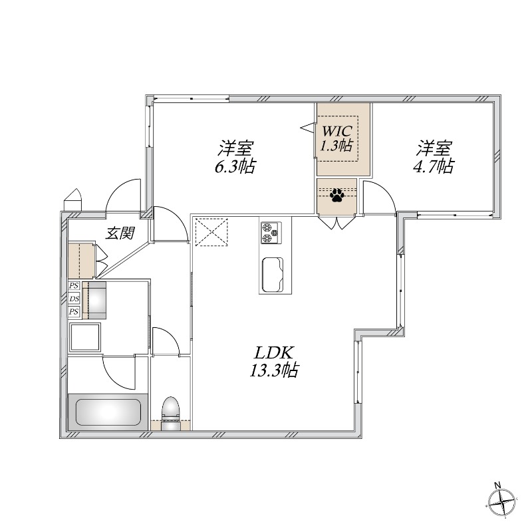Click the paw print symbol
(x=337, y=196)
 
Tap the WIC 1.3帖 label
(x=336, y=138)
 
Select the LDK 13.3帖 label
(x=273, y=362)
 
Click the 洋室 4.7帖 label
(x=435, y=157)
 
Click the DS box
(x=74, y=299)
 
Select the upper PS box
(x=74, y=286)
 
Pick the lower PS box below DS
(x=74, y=311)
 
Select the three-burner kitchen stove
(x=271, y=232)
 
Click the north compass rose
(x=502, y=500)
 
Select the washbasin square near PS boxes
(x=84, y=337)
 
